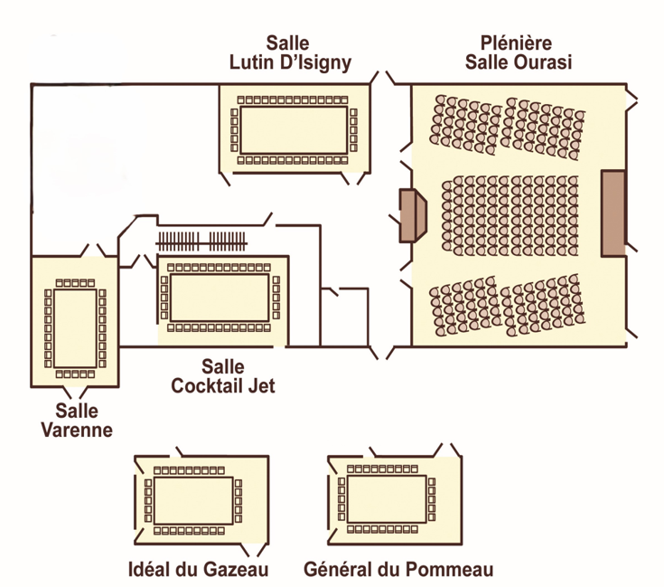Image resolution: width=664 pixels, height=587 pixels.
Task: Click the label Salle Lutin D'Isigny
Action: click(x=288, y=52)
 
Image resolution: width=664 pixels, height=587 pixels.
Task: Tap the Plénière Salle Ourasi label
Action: click(x=519, y=52)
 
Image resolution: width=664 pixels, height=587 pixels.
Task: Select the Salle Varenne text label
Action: click(x=77, y=421)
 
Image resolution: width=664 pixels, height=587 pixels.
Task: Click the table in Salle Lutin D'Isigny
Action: click(x=294, y=130)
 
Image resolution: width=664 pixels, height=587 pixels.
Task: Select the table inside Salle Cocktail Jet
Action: click(x=220, y=294)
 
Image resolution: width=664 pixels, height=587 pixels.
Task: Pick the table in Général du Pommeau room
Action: click(x=387, y=499)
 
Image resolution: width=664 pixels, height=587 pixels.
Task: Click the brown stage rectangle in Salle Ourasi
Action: click(x=613, y=210)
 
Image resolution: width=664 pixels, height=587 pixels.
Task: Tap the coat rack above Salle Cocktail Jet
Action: click(x=201, y=241)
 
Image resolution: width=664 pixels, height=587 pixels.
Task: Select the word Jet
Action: click(x=259, y=386)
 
